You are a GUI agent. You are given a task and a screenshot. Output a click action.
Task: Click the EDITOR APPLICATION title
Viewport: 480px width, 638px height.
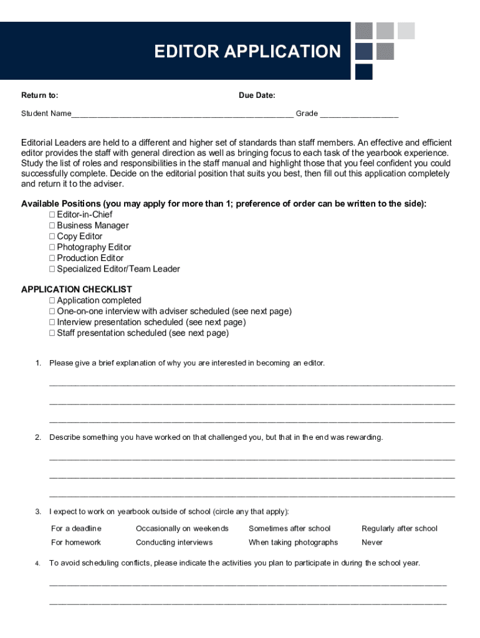click(x=247, y=51)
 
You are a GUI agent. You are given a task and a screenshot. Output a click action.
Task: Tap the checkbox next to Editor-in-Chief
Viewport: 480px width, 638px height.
click(x=52, y=215)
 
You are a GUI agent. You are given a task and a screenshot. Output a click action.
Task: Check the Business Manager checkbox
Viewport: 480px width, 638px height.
click(x=52, y=226)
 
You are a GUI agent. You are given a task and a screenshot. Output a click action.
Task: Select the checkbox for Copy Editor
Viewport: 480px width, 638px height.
click(x=52, y=237)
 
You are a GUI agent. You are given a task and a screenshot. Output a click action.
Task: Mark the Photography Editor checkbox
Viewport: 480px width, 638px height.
click(x=52, y=247)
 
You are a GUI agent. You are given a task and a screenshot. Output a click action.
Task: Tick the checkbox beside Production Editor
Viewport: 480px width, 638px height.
click(x=52, y=258)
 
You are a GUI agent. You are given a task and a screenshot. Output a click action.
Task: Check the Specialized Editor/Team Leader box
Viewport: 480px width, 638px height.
click(x=52, y=269)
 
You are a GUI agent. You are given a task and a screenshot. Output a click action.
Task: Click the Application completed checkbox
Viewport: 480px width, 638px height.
click(x=52, y=300)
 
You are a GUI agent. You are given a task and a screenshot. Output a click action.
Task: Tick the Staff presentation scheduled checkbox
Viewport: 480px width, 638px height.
click(x=52, y=333)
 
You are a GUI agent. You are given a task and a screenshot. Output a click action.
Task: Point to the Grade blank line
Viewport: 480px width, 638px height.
click(x=359, y=115)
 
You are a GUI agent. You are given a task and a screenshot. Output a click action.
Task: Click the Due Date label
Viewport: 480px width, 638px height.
click(x=257, y=95)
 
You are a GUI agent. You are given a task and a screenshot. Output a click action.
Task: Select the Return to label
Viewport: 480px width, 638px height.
click(x=40, y=95)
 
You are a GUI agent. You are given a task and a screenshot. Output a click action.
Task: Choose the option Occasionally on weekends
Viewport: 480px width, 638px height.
click(x=182, y=528)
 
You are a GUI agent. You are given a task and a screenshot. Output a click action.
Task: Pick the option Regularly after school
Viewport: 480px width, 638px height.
click(x=400, y=528)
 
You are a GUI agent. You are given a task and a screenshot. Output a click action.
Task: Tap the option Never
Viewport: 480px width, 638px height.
click(x=372, y=542)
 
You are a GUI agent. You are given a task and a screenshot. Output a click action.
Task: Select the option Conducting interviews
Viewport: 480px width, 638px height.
click(x=174, y=542)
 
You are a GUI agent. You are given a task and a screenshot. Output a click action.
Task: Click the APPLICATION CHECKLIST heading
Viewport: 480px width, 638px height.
click(x=77, y=289)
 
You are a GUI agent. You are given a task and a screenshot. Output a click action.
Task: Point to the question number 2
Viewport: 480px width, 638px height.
click(x=38, y=437)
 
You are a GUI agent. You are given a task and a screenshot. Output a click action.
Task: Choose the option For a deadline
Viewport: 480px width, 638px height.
click(x=76, y=528)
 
